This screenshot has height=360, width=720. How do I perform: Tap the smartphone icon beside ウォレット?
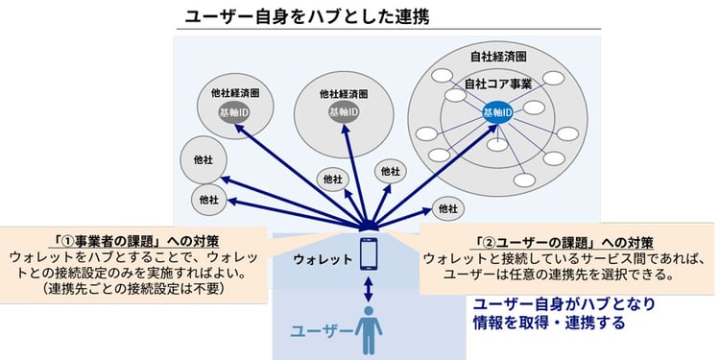coord(370,254)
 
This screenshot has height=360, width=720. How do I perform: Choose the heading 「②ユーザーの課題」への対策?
coord(565,242)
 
